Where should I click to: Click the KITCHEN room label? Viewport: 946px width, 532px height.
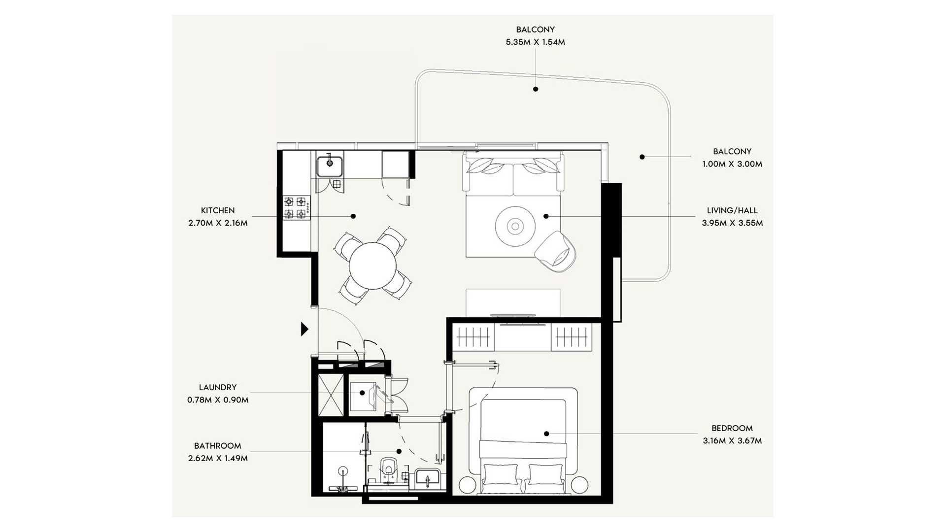pyautogui.click(x=218, y=210)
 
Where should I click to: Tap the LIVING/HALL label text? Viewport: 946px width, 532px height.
pyautogui.click(x=732, y=210)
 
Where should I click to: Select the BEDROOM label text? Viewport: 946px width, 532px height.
pyautogui.click(x=732, y=428)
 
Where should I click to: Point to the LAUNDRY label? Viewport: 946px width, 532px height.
pyautogui.click(x=218, y=387)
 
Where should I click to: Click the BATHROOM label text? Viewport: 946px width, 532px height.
pyautogui.click(x=218, y=446)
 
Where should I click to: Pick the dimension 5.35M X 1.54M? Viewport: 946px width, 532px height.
pyautogui.click(x=536, y=42)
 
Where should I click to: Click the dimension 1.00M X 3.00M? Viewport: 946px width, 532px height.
pyautogui.click(x=732, y=164)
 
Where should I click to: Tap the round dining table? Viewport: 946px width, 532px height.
pyautogui.click(x=372, y=266)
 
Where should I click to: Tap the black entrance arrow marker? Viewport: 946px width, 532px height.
pyautogui.click(x=305, y=329)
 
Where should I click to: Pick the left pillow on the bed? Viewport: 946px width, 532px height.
pyautogui.click(x=501, y=476)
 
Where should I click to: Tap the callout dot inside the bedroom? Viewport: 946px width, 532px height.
pyautogui.click(x=546, y=434)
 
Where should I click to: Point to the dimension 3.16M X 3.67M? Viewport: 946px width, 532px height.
pyautogui.click(x=732, y=441)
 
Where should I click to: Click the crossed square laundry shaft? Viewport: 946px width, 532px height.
pyautogui.click(x=331, y=395)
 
